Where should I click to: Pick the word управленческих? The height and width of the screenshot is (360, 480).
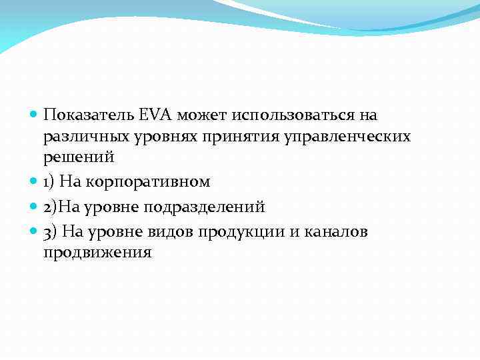pos(349,137)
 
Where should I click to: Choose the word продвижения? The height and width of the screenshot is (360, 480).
pos(97,253)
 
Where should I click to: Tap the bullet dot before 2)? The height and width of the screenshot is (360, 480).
pos(34,207)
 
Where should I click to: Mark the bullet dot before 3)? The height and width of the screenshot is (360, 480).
pos(34,232)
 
